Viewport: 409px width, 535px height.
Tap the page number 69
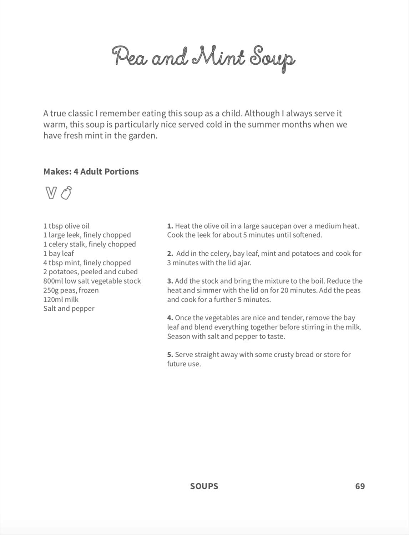tap(360, 486)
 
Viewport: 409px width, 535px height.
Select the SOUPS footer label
tap(204, 486)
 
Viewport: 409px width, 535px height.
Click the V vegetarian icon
tap(51, 193)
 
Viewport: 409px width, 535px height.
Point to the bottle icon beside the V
tap(66, 193)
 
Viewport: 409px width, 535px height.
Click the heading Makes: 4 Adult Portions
tap(91, 171)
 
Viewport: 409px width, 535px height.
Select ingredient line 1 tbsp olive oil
tap(66, 226)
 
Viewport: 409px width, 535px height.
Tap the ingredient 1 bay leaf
tap(59, 254)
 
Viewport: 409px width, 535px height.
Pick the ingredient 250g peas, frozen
tap(71, 290)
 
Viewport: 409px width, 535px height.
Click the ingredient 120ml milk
tap(61, 300)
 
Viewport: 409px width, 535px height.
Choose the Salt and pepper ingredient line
tap(69, 309)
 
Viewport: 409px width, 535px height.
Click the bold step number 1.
tap(170, 226)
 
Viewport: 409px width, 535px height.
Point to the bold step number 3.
tap(170, 281)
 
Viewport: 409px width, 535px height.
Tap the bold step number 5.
tap(170, 355)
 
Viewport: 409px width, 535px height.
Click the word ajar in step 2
tap(244, 263)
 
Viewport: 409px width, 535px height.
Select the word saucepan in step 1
tap(276, 226)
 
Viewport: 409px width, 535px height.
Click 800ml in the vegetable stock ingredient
tap(53, 281)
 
